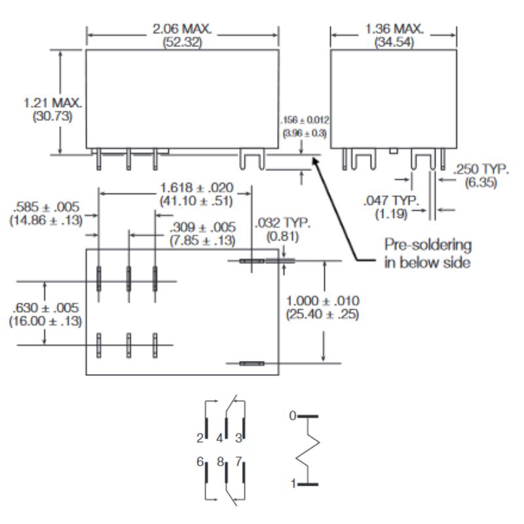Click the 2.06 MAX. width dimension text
tap(182, 29)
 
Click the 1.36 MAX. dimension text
tap(394, 29)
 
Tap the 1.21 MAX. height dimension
tap(53, 103)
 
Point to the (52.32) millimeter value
tap(183, 43)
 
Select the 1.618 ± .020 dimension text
tap(197, 187)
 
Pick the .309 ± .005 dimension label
tap(203, 227)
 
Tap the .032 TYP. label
tap(283, 223)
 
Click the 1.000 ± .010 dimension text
tap(323, 301)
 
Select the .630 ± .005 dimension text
tap(45, 308)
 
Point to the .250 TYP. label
tap(481, 169)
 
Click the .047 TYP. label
tap(391, 200)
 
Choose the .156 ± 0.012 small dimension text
tap(305, 120)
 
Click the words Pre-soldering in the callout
tap(428, 245)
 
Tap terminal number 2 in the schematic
tap(200, 438)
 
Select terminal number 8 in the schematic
tap(220, 462)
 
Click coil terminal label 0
tap(293, 416)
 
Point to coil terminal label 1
tap(293, 483)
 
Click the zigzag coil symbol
tap(308, 450)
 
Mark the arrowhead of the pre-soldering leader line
tap(314, 160)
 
